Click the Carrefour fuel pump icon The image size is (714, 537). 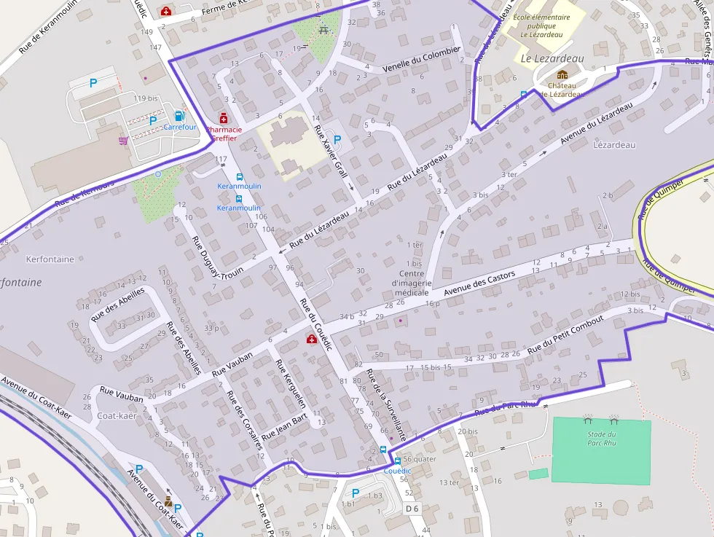pyautogui.click(x=179, y=116)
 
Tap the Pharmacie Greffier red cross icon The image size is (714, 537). pyautogui.click(x=223, y=118)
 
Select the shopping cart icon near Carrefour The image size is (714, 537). pyautogui.click(x=123, y=140)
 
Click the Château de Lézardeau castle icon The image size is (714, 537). pyautogui.click(x=562, y=74)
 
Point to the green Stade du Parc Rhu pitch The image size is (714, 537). pyautogui.click(x=600, y=450)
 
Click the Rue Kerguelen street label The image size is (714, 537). pyautogui.click(x=289, y=383)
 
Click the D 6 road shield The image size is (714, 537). pyautogui.click(x=412, y=508)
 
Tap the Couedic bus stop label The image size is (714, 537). pyautogui.click(x=398, y=471)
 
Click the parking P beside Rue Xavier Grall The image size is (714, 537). pyautogui.click(x=337, y=138)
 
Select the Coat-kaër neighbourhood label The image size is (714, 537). pyautogui.click(x=117, y=416)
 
